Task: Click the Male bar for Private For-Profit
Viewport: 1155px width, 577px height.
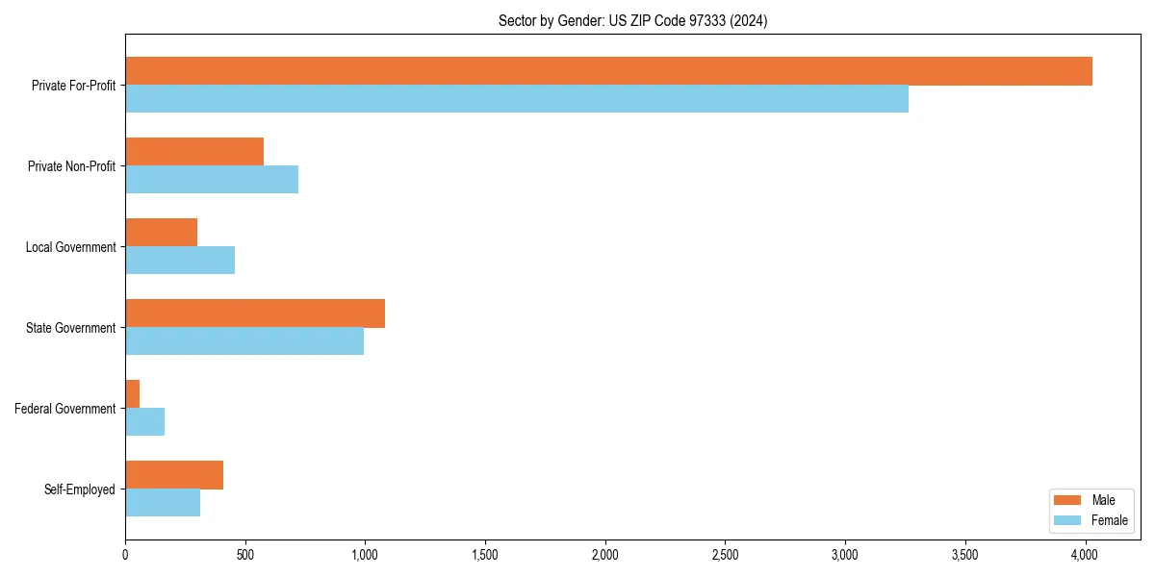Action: tap(608, 71)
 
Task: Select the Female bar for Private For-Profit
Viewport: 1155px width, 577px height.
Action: tap(517, 99)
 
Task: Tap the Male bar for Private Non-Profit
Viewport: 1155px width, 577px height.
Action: tap(194, 152)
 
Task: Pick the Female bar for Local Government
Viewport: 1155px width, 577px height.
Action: tap(180, 261)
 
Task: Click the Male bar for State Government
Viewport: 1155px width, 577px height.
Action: tap(255, 314)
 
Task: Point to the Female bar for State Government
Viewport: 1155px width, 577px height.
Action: tap(244, 341)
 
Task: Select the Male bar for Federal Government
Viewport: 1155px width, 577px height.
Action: tap(133, 394)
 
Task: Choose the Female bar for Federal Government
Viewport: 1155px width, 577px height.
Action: tap(145, 422)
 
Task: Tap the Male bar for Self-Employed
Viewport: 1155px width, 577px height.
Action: tap(174, 475)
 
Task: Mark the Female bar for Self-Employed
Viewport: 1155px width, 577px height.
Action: tap(163, 503)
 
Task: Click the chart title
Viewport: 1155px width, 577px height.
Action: tap(632, 20)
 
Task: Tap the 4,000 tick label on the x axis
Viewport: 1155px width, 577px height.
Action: tap(1085, 555)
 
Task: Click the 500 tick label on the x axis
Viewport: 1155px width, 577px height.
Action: tap(244, 555)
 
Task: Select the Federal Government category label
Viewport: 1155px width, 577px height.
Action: tap(65, 409)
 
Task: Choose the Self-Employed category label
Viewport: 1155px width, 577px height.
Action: tap(80, 489)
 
